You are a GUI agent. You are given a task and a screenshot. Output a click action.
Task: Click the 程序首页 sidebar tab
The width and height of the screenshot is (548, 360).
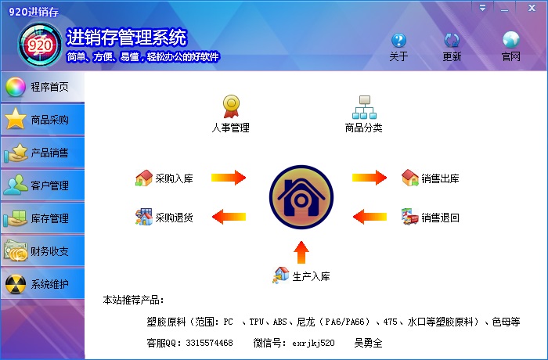(x=42, y=87)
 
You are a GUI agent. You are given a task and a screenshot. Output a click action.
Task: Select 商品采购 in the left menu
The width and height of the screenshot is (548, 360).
(x=42, y=120)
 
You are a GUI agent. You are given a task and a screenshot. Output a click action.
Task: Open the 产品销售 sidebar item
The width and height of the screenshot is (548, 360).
(x=42, y=153)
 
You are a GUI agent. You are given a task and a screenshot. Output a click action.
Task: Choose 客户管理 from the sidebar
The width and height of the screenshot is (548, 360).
(x=42, y=185)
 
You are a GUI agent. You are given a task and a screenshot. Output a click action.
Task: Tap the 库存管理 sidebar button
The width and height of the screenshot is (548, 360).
(x=42, y=218)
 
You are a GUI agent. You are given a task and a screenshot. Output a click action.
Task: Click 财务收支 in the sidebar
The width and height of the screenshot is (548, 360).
(x=42, y=251)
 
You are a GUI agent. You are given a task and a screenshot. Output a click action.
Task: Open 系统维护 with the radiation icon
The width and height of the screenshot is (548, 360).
(x=42, y=284)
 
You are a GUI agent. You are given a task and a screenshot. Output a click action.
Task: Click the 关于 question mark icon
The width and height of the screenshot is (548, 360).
(x=398, y=41)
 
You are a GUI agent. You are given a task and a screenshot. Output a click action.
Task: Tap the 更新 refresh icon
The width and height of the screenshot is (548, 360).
(x=452, y=41)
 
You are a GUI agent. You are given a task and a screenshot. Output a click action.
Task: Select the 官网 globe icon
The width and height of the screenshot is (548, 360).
(x=511, y=41)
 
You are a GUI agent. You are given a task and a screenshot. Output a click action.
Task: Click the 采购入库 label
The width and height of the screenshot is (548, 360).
(x=174, y=178)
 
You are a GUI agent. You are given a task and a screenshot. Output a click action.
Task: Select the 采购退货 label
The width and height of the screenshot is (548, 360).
(x=174, y=218)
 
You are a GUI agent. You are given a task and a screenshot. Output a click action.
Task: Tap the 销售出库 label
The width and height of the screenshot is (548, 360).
(x=440, y=178)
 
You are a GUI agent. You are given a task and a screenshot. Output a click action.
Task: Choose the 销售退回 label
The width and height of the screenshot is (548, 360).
(x=440, y=218)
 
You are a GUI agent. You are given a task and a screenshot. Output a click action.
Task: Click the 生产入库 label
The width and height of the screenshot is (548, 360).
(x=311, y=276)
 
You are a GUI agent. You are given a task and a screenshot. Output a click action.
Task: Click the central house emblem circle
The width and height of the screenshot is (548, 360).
(x=301, y=197)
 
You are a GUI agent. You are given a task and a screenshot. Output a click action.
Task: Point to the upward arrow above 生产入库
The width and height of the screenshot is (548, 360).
(x=301, y=252)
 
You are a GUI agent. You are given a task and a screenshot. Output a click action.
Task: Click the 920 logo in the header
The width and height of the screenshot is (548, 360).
(x=39, y=45)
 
